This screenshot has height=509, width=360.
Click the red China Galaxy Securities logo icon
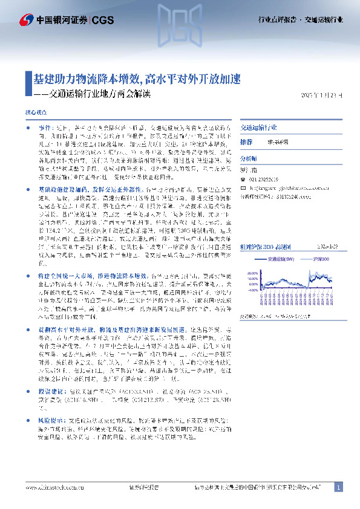click(27, 19)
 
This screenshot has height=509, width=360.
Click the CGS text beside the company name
click(103, 19)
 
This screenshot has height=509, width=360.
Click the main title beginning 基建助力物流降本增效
click(137, 79)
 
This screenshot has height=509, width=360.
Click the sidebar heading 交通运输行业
click(258, 128)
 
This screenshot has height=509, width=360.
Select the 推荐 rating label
click(246, 141)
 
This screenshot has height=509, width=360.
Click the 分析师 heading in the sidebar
click(249, 157)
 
